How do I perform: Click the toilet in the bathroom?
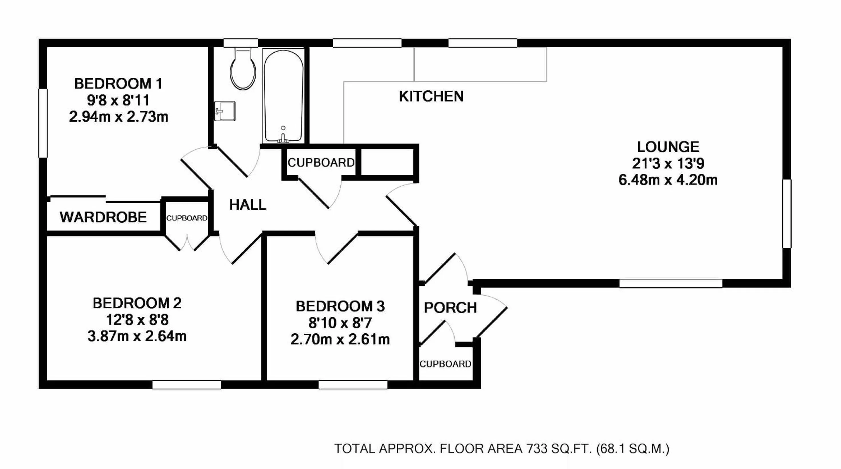[x=242, y=69]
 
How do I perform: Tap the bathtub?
[x=283, y=96]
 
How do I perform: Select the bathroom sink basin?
[x=224, y=111]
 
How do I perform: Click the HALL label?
[x=247, y=205]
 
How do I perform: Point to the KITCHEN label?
[x=431, y=96]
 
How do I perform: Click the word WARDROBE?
[x=103, y=217]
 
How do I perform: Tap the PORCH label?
[x=450, y=308]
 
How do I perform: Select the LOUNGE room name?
[x=668, y=147]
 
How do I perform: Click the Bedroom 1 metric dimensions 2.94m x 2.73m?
[x=118, y=116]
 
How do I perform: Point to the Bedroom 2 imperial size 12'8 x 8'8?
[x=137, y=320]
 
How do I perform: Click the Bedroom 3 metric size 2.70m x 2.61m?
[x=340, y=339]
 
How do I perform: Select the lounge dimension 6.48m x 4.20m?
[x=668, y=180]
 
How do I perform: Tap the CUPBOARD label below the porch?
[x=445, y=364]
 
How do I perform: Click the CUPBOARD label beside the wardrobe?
[x=187, y=218]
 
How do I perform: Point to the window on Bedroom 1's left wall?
[x=43, y=123]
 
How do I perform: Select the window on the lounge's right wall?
[x=787, y=213]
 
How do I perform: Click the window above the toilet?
[x=240, y=43]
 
